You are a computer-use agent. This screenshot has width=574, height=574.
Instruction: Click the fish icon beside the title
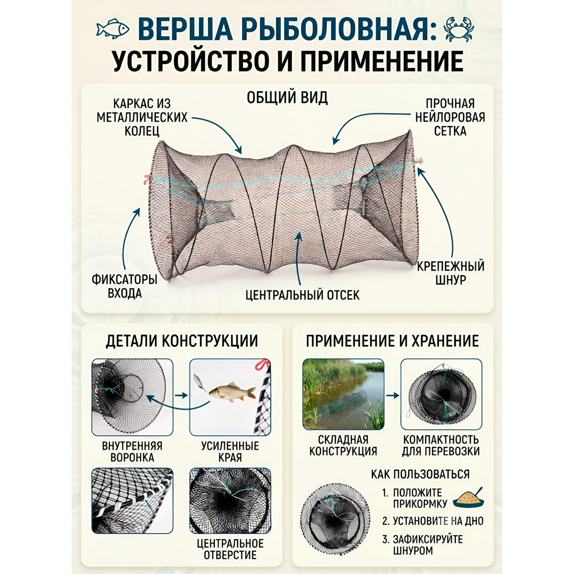(x=112, y=29)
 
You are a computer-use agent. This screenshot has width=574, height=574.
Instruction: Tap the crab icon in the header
(x=458, y=30)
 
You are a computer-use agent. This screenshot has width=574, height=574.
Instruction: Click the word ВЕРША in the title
(x=185, y=30)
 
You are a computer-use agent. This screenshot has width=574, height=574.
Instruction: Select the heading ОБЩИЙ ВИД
(x=287, y=98)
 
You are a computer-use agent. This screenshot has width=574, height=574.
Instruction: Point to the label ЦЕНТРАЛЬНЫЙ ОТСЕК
(x=303, y=295)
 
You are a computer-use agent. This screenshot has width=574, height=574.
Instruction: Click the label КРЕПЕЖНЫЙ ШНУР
(x=451, y=273)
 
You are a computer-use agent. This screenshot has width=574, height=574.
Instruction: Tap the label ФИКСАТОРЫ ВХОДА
(x=124, y=286)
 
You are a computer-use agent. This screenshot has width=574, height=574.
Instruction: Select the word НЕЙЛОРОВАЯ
(x=450, y=117)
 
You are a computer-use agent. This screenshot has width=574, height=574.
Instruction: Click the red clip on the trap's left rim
(x=147, y=179)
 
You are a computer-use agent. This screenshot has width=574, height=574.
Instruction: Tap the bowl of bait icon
(x=469, y=498)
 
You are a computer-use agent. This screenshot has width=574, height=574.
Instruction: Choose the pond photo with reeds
(x=343, y=394)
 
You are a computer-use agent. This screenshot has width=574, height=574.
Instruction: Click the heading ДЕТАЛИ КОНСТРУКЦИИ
(x=182, y=341)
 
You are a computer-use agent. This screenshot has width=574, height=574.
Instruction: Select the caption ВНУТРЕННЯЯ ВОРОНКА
(x=132, y=452)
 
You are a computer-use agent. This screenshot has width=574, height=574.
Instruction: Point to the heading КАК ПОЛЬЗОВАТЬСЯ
(x=420, y=474)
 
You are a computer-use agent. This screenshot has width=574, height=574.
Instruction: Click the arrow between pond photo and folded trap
(x=393, y=395)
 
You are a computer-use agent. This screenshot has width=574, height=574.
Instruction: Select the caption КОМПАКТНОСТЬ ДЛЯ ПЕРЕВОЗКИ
(x=441, y=445)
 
